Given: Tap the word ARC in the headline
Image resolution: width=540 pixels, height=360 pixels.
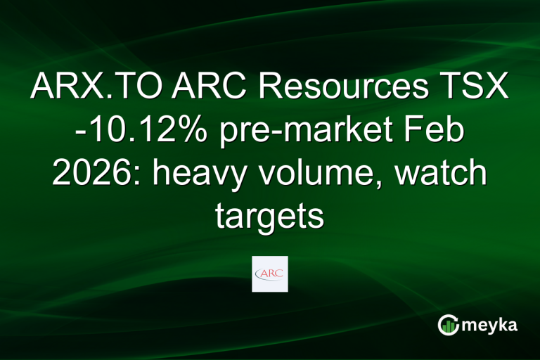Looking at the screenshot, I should [x=200, y=89].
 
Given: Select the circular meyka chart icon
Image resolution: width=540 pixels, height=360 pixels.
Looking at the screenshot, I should [x=448, y=325].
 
